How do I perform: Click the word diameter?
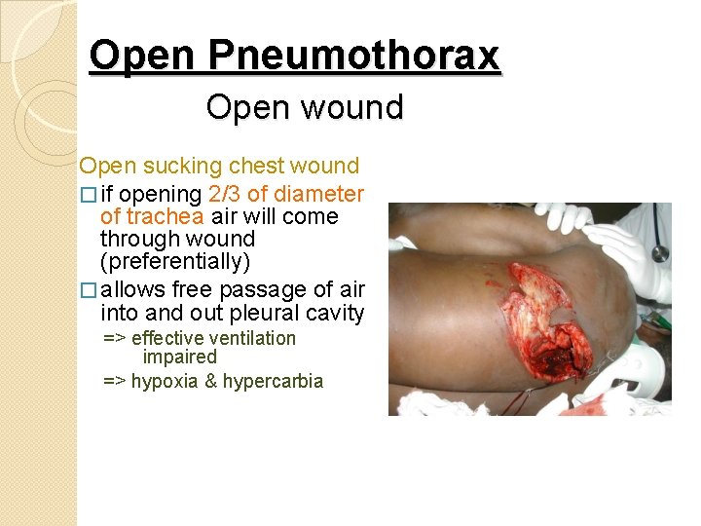320,194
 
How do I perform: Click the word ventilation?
247,339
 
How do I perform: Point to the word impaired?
180,357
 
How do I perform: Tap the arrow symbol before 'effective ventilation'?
115,339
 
